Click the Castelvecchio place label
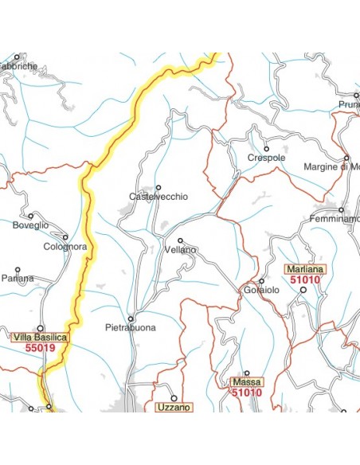click(x=158, y=197)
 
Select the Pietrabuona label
click(x=130, y=327)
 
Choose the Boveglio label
click(x=30, y=225)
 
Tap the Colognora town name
click(x=65, y=247)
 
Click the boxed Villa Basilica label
click(x=41, y=337)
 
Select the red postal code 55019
click(x=40, y=347)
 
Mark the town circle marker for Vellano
click(x=181, y=240)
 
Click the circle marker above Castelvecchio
click(x=158, y=187)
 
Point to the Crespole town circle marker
click(x=267, y=149)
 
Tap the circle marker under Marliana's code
click(x=303, y=290)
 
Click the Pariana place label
click(x=18, y=279)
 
